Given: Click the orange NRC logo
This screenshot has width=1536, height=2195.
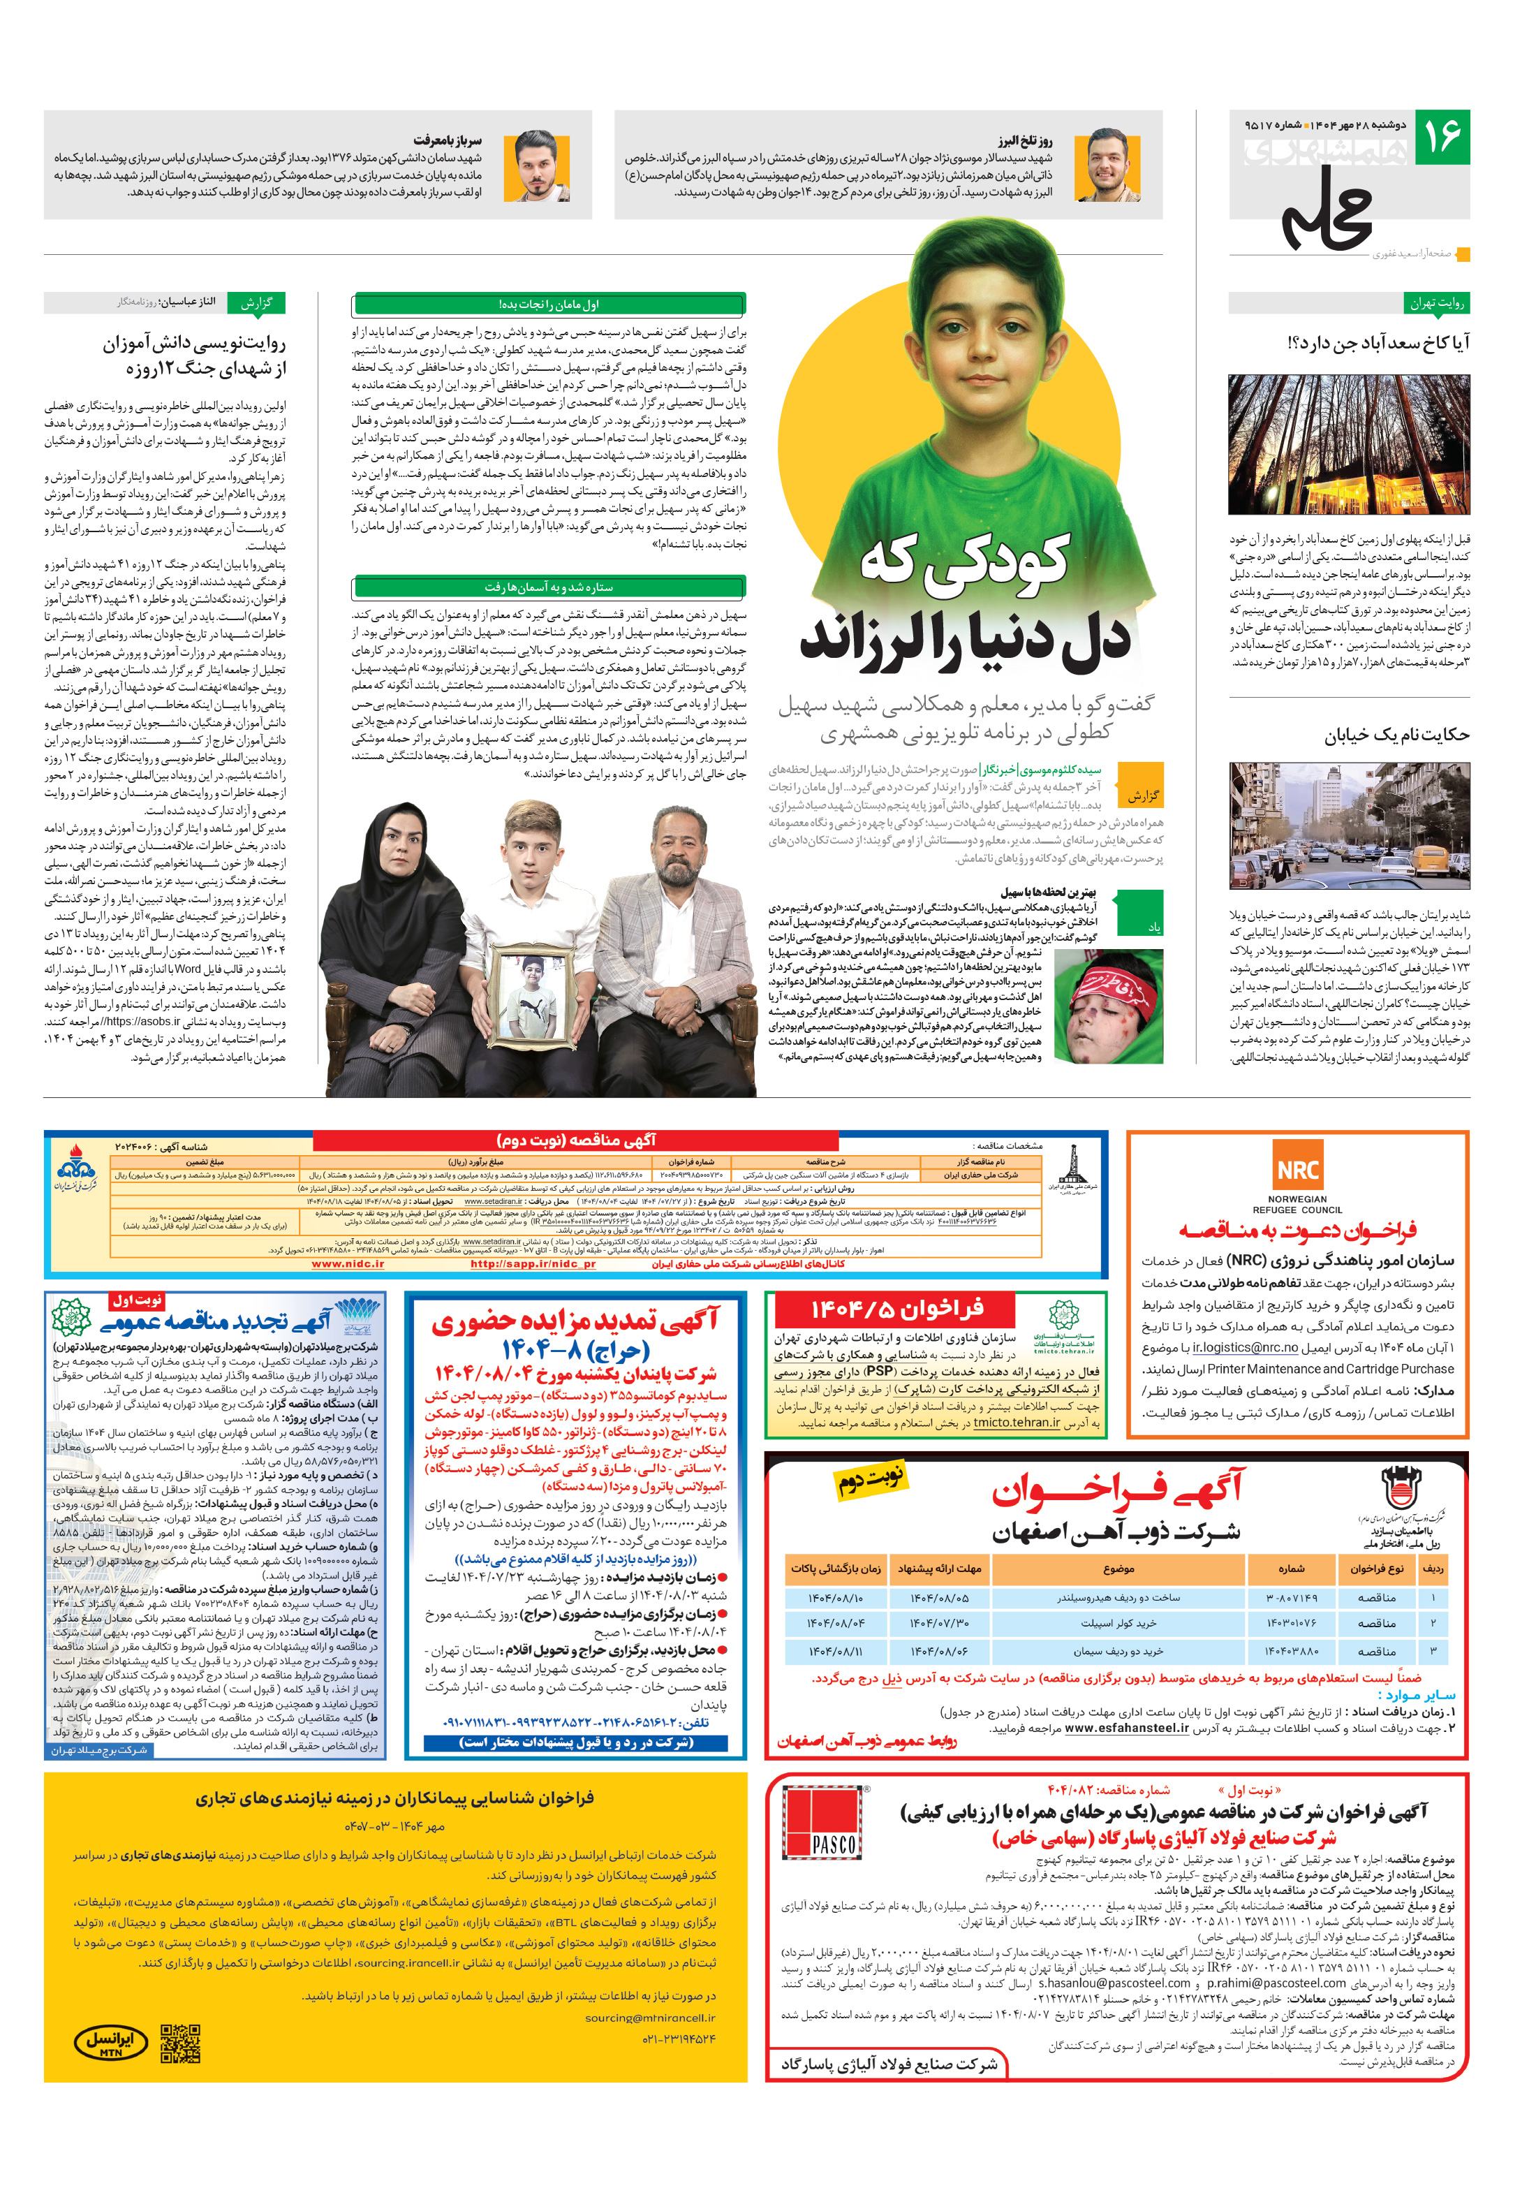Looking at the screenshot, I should [1297, 1170].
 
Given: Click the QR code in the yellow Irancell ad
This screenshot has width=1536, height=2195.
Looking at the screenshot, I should [179, 2044].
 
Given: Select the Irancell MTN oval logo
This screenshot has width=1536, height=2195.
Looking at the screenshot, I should [111, 2044].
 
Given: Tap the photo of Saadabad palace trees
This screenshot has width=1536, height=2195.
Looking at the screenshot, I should [1349, 445].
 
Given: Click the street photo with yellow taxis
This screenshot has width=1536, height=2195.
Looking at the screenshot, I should [1349, 826].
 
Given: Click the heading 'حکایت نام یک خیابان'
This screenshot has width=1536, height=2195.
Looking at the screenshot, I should [1396, 735].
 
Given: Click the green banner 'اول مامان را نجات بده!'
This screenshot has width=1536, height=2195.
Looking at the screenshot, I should [549, 304].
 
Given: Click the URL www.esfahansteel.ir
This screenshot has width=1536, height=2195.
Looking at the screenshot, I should [1126, 1728].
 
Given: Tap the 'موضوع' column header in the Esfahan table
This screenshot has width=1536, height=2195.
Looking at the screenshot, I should [1118, 1569].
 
